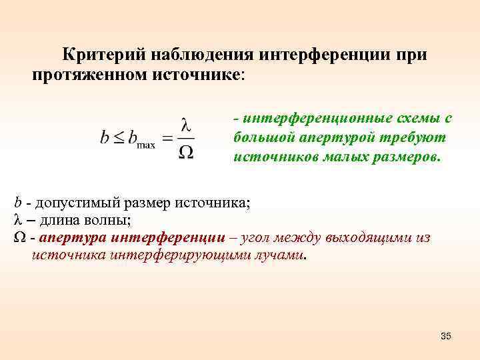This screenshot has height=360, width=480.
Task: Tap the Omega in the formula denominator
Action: (x=187, y=152)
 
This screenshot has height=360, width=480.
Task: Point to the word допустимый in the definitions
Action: (x=81, y=203)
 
